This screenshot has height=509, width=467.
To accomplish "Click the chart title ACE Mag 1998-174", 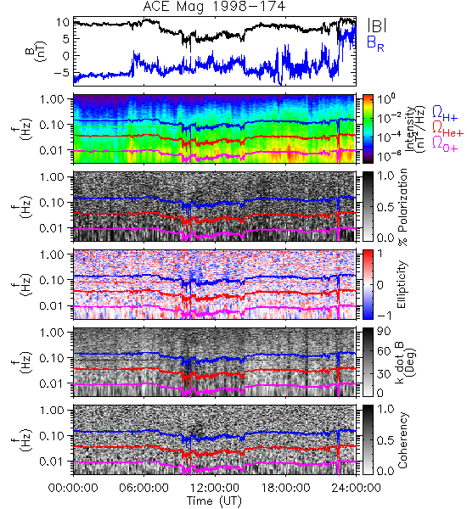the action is click(214, 7).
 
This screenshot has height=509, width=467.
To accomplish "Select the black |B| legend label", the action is click(376, 25).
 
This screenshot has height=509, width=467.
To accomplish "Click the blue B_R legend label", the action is click(375, 43).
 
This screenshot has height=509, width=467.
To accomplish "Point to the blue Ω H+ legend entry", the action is click(445, 114).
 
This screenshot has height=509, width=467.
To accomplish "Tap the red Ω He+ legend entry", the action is click(447, 129).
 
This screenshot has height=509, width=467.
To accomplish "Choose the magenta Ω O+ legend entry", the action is click(445, 144).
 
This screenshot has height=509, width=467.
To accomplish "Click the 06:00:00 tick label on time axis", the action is click(144, 488).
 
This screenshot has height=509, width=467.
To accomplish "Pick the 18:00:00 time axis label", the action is click(285, 488).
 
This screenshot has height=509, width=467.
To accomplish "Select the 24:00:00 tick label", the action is click(356, 488).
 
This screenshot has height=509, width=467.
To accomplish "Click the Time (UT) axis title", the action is click(215, 501).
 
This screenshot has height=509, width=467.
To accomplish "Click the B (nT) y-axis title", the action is click(36, 51).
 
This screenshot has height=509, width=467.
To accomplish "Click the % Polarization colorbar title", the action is click(403, 207).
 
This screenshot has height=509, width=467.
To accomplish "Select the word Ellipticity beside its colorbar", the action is click(402, 284).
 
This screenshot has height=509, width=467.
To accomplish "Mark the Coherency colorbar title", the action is click(402, 440).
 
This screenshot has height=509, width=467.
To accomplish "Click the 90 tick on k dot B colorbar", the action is click(384, 331).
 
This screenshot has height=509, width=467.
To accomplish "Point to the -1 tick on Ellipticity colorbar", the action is click(384, 315).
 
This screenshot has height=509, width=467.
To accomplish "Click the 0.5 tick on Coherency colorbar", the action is click(385, 440).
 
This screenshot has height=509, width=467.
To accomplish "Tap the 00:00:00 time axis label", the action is click(73, 488).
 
